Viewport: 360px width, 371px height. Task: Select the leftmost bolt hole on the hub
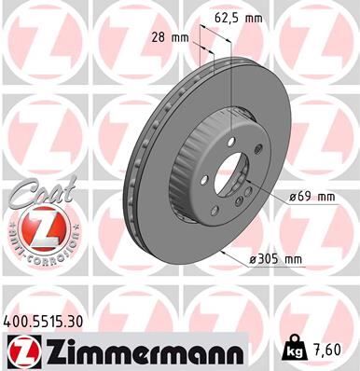198,182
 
